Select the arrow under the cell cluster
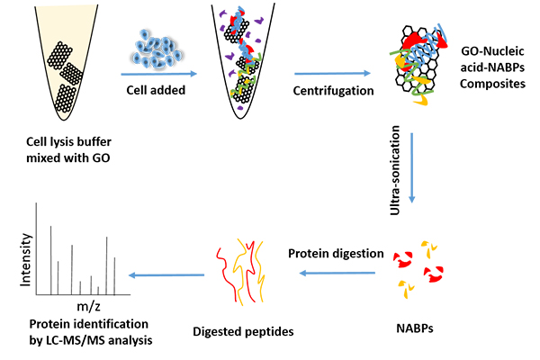157,75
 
